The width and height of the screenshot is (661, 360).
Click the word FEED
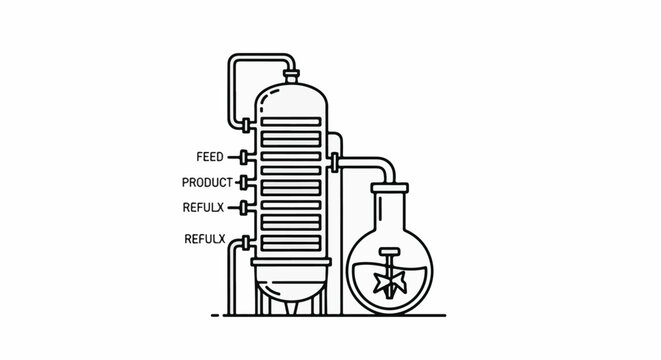(211, 157)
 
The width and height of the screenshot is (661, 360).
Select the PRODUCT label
(207, 182)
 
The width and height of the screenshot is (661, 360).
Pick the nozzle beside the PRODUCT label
(244, 182)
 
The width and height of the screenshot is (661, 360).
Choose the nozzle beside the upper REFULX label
(245, 207)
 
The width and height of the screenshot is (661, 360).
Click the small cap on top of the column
(291, 74)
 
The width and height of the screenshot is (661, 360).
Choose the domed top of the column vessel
(292, 96)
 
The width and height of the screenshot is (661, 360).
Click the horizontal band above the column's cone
(292, 264)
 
